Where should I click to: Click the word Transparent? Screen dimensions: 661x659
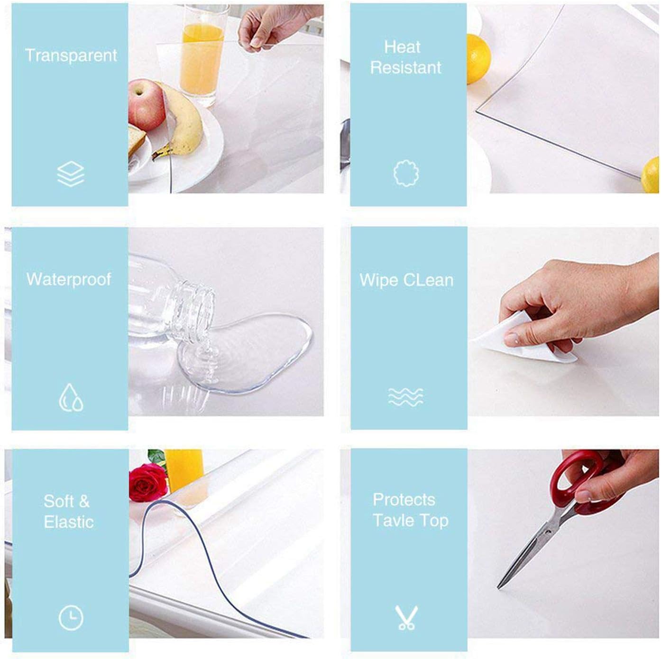point(71,55)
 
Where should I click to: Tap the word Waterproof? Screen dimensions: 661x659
point(69,279)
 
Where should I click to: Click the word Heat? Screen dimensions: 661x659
point(402,46)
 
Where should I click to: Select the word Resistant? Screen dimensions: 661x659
point(406,67)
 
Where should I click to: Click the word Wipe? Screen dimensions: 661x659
point(379,280)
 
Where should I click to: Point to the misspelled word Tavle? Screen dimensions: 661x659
point(394,520)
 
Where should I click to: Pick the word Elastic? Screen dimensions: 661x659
point(69,522)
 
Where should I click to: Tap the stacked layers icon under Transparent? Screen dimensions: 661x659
point(71,174)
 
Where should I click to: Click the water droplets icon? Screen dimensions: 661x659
point(71,397)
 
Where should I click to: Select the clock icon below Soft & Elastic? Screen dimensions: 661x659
point(71,618)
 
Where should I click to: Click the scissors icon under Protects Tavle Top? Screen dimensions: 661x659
point(406,617)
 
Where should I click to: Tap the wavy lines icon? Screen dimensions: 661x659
point(405,397)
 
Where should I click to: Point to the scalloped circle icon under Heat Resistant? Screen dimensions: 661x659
point(406,173)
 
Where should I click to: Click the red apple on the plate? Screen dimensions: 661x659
point(147,104)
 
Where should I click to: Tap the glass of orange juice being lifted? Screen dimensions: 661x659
point(202,55)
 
